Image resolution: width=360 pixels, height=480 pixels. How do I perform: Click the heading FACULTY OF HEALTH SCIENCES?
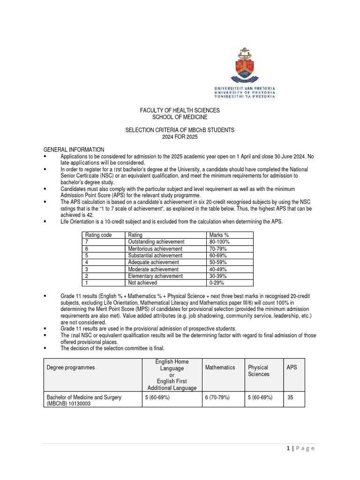click(180, 110)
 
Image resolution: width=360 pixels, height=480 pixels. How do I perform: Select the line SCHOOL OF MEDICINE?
click(180, 117)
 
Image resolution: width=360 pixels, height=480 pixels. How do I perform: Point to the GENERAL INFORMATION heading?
click(74, 150)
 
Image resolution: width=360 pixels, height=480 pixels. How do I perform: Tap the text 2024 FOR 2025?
click(180, 136)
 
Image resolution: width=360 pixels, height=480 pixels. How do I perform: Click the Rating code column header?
click(98, 235)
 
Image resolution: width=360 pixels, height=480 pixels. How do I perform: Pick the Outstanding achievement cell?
click(156, 242)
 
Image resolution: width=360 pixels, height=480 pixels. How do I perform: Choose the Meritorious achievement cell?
click(155, 249)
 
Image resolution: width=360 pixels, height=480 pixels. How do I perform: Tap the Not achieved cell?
click(142, 283)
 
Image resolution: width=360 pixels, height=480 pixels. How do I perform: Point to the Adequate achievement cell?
click(153, 262)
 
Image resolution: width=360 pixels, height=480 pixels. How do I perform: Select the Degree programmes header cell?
click(70, 367)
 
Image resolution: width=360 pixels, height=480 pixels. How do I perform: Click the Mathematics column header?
click(220, 367)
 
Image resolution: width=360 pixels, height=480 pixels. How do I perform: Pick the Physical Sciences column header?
click(258, 371)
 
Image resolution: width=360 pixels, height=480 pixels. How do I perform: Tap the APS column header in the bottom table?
click(292, 367)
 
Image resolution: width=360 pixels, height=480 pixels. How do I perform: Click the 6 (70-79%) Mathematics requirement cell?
click(217, 397)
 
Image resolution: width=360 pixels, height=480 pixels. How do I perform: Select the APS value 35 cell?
click(291, 397)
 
